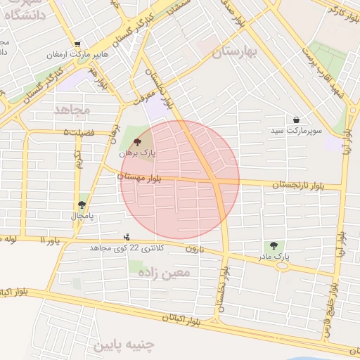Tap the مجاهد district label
tap(72, 110)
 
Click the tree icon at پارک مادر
tap(274, 245)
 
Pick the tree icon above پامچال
tap(82, 205)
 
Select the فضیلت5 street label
tap(77, 132)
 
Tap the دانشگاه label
tap(28, 13)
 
